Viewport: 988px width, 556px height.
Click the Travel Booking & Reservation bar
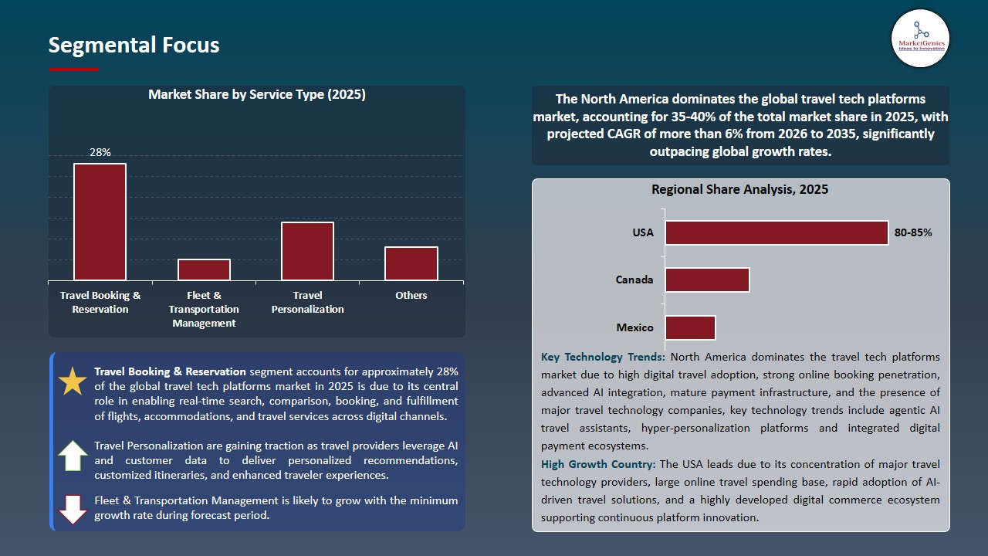coord(100,222)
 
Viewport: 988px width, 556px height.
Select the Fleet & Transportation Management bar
coord(204,270)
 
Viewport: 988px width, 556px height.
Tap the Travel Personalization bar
coord(307,251)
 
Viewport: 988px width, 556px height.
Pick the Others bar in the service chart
coord(411,263)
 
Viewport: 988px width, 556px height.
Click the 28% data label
coord(100,152)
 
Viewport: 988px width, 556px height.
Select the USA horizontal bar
coord(777,232)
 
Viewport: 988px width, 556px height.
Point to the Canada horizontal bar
coord(707,280)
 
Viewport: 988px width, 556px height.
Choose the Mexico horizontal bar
coord(690,327)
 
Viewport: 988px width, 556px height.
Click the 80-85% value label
coord(913,232)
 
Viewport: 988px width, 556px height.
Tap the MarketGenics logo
coord(921,39)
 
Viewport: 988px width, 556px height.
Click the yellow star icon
coord(73,381)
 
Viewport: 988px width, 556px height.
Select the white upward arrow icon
coord(73,456)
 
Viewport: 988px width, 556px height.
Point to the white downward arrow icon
coord(73,509)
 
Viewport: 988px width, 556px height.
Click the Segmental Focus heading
coord(134,45)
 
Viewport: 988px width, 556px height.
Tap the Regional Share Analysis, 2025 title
coord(739,189)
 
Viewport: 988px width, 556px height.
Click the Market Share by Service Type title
coord(257,94)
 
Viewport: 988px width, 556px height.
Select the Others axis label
coord(411,295)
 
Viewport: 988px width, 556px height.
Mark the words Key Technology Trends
coord(603,357)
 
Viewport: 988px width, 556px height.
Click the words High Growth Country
coord(598,464)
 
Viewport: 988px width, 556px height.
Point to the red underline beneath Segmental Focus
coord(73,69)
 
